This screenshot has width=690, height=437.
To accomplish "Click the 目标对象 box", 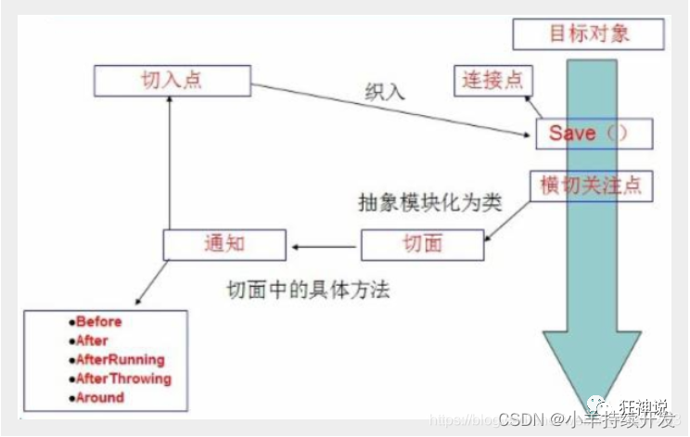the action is click(588, 33).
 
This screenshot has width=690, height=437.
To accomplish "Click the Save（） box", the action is click(594, 134).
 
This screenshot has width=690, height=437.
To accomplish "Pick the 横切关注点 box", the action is click(590, 186).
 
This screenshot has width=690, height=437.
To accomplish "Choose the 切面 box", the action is click(422, 244).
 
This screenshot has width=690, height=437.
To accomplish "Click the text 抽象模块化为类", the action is click(429, 203).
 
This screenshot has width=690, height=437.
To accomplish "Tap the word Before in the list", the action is click(99, 322).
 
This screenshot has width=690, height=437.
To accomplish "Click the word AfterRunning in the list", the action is click(121, 359).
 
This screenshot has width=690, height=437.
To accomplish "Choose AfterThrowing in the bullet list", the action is click(124, 379).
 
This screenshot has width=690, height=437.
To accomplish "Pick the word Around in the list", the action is click(100, 397).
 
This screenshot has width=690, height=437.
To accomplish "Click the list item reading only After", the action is click(93, 341).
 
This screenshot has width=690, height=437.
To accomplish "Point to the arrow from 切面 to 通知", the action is click(324, 246).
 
